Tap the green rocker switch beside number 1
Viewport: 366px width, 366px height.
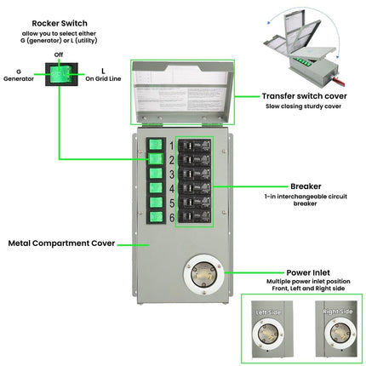coord(156,145)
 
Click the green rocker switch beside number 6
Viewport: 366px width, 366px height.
coord(156,217)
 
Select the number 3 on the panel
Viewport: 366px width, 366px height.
coord(171,174)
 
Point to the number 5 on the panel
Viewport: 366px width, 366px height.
coord(171,203)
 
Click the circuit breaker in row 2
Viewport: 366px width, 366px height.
coord(194,159)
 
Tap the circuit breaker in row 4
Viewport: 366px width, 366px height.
coord(194,188)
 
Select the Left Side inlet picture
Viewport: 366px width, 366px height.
coord(269,329)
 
